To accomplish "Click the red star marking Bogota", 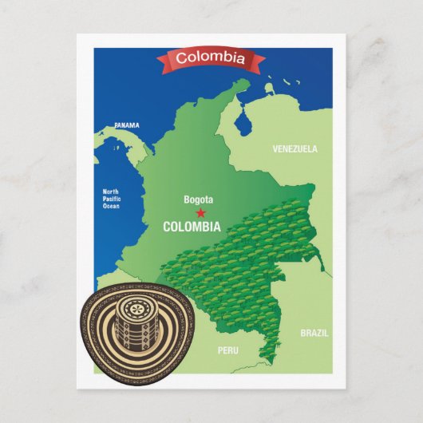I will coord(200,213).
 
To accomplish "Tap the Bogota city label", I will coord(199,200).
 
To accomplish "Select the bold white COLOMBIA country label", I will coord(192,227).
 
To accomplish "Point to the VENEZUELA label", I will coord(295,149).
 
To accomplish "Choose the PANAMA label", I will coord(126,125).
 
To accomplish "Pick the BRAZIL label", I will coord(314,333).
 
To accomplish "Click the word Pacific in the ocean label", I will coord(110,199).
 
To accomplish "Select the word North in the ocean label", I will coord(110,191).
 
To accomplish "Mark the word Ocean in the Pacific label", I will coord(110,207).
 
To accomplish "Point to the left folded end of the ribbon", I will coord(163,62).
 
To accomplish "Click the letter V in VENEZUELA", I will coord(275,149).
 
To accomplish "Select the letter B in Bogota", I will coord(186,200).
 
